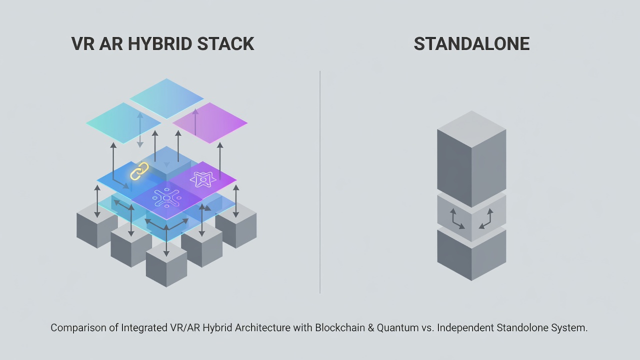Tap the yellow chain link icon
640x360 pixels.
point(139,171)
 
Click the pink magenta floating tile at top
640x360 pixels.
point(209,123)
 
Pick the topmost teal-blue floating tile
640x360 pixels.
point(166,98)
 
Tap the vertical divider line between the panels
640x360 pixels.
point(320,182)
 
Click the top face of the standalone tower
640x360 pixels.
point(471,129)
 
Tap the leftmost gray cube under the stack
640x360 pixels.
point(97,225)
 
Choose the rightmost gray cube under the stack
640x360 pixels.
point(236,225)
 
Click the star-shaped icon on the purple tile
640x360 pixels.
point(203,179)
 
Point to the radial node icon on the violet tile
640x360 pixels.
point(166,197)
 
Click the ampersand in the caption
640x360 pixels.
point(371,327)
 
